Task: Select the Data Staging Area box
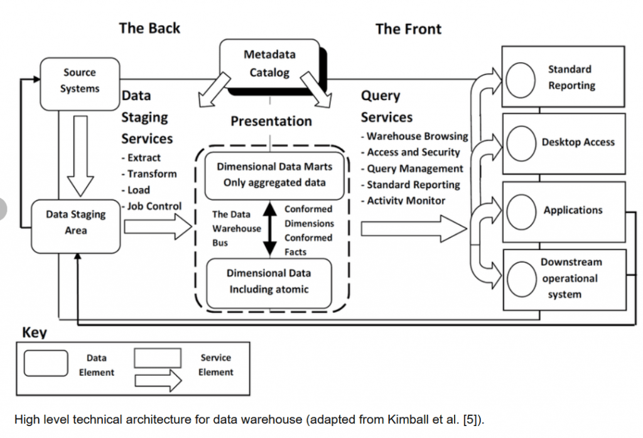(x=76, y=223)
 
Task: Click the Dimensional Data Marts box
(x=274, y=175)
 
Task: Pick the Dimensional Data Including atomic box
(x=269, y=282)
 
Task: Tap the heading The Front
(x=408, y=29)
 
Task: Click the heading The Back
(x=149, y=28)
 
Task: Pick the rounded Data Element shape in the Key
(x=46, y=364)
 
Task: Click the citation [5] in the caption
(x=470, y=419)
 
